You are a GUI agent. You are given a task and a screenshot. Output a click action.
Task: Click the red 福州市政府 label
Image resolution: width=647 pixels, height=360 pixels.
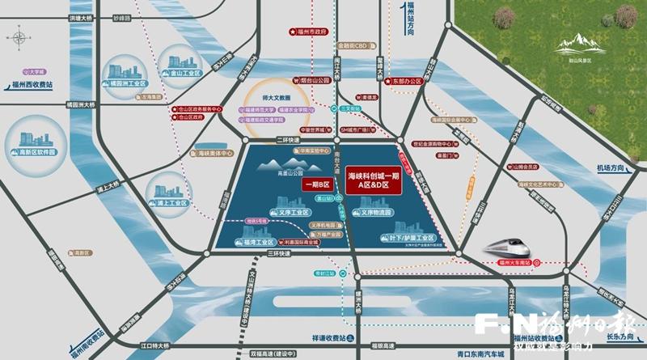click(311, 32)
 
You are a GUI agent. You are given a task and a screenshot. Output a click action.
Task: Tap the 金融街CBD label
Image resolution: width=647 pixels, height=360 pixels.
click(353, 46)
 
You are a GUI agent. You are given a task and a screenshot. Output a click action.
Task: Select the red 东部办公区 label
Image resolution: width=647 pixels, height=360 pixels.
click(406, 81)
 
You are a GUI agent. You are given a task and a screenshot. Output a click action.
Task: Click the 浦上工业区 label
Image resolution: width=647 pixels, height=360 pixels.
click(173, 202)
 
